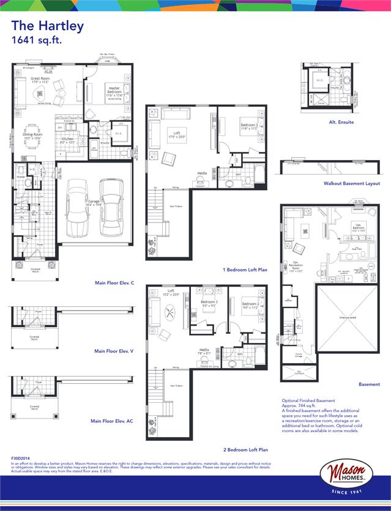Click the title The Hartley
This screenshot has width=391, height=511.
click(47, 26)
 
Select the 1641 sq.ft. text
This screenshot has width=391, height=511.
click(37, 40)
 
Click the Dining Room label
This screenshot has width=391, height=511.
click(32, 136)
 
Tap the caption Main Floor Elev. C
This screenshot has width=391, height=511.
click(114, 284)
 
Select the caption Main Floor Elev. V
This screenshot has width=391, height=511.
click(114, 351)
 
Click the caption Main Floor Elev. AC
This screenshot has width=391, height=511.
click(112, 421)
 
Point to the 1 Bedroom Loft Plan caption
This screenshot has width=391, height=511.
click(245, 269)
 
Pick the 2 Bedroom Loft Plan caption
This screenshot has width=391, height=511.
click(245, 449)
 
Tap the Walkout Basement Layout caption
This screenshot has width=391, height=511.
click(352, 183)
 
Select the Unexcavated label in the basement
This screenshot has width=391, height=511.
click(347, 318)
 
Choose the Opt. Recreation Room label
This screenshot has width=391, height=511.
click(297, 251)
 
